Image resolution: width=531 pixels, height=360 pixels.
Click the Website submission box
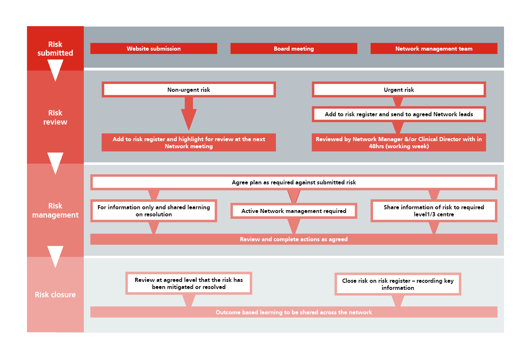point(153,49)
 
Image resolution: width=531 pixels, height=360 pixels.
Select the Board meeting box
point(294,49)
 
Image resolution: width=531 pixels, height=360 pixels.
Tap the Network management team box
point(434,49)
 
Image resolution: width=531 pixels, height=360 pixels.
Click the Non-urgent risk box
point(189,89)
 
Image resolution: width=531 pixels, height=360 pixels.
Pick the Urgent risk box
point(399,89)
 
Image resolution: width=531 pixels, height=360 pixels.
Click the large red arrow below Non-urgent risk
point(189,114)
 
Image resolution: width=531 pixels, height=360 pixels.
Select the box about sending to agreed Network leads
point(399,114)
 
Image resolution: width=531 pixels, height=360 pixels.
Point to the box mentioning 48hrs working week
point(399,142)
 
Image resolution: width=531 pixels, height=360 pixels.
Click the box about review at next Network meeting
point(189,142)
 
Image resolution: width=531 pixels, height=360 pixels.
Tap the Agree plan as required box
point(294,182)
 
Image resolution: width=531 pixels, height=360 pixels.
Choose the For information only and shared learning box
point(153,211)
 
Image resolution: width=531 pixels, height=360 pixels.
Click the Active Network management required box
point(294,211)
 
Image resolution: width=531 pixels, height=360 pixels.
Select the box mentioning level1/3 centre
point(434,211)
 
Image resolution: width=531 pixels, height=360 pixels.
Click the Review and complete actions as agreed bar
point(294,239)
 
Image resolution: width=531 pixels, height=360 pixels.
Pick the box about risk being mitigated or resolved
point(189,283)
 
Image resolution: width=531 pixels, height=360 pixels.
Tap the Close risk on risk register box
point(398,284)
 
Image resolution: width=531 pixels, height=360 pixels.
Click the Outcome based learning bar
point(294,312)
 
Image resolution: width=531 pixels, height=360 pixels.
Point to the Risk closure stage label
point(55,294)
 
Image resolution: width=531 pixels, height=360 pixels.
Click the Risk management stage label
point(55,210)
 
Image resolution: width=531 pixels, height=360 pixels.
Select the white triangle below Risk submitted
point(55,69)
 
